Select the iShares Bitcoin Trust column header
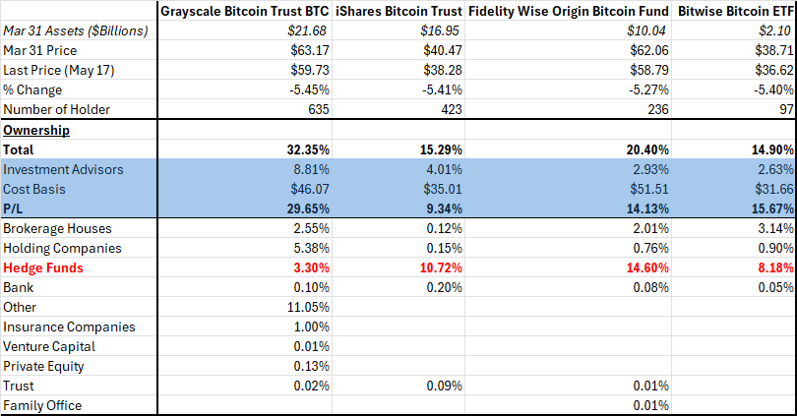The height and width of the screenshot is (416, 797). [399, 12]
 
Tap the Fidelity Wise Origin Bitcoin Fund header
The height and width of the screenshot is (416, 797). [568, 12]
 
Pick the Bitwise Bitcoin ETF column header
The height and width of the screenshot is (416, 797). [734, 12]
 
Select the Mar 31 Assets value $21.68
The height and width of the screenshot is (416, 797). [307, 30]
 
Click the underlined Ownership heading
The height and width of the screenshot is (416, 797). [35, 130]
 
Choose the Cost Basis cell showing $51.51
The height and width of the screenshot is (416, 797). [646, 189]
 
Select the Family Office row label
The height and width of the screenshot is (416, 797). [42, 405]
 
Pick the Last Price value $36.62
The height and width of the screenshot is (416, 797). [770, 70]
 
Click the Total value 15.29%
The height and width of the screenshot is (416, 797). [439, 149]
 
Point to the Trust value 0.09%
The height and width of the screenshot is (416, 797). [442, 386]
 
